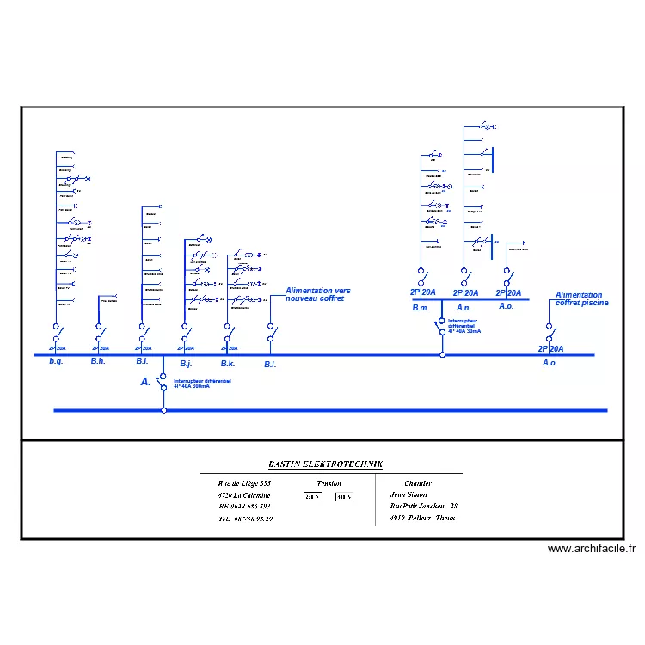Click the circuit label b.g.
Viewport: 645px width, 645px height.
pyautogui.click(x=56, y=363)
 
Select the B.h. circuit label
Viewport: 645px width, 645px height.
pyautogui.click(x=99, y=362)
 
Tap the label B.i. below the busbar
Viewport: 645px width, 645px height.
pyautogui.click(x=142, y=362)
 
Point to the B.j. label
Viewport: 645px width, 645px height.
pyautogui.click(x=186, y=364)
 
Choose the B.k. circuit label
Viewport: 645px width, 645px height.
pyautogui.click(x=228, y=364)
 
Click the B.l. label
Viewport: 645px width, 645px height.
pyautogui.click(x=270, y=364)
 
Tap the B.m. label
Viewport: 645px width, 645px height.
pyautogui.click(x=421, y=307)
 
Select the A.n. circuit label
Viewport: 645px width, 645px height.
pyautogui.click(x=464, y=307)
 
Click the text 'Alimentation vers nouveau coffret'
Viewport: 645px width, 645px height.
pyautogui.click(x=318, y=295)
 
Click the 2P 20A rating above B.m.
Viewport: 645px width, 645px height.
pyautogui.click(x=423, y=292)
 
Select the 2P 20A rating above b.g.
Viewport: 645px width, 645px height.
pyautogui.click(x=56, y=348)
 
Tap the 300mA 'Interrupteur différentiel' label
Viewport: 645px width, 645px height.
pyautogui.click(x=202, y=383)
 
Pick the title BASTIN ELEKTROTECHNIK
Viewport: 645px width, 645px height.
pyautogui.click(x=325, y=464)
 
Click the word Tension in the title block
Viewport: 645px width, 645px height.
pyautogui.click(x=329, y=484)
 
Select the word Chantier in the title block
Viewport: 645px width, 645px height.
pyautogui.click(x=417, y=483)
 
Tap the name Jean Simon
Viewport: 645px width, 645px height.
pyautogui.click(x=408, y=495)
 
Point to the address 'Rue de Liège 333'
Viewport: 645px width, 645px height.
pyautogui.click(x=245, y=484)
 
